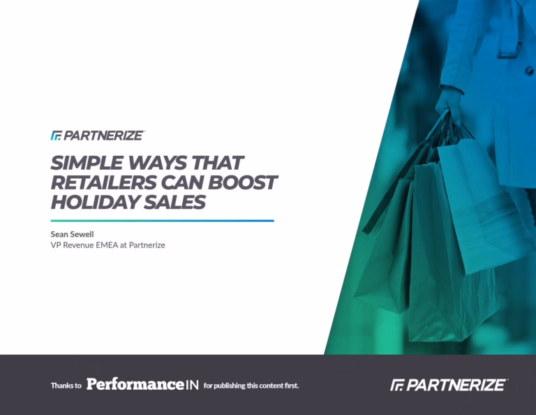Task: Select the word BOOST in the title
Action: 242,182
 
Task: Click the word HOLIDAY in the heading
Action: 95,202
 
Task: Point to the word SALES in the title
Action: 174,202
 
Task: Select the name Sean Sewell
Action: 72,234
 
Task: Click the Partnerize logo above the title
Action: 98,136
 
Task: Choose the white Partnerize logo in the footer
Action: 449,385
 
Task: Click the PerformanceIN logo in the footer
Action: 142,384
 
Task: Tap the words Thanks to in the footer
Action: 66,386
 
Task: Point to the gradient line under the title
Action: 163,221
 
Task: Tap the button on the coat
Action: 528,71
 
